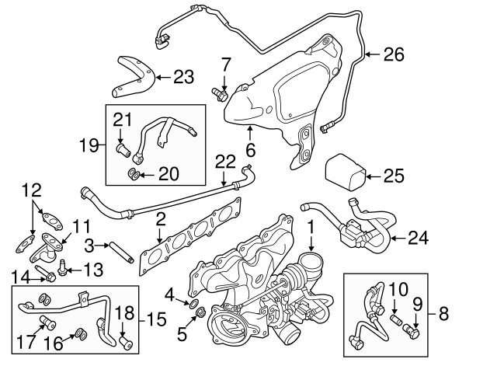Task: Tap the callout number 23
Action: [x=182, y=76]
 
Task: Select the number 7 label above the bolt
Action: [x=226, y=63]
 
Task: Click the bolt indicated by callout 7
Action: [x=218, y=95]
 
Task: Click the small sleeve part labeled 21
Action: [x=122, y=147]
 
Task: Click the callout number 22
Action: [x=225, y=162]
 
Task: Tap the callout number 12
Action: [x=30, y=190]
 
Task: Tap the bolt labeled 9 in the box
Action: [x=410, y=333]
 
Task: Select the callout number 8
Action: [x=443, y=314]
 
